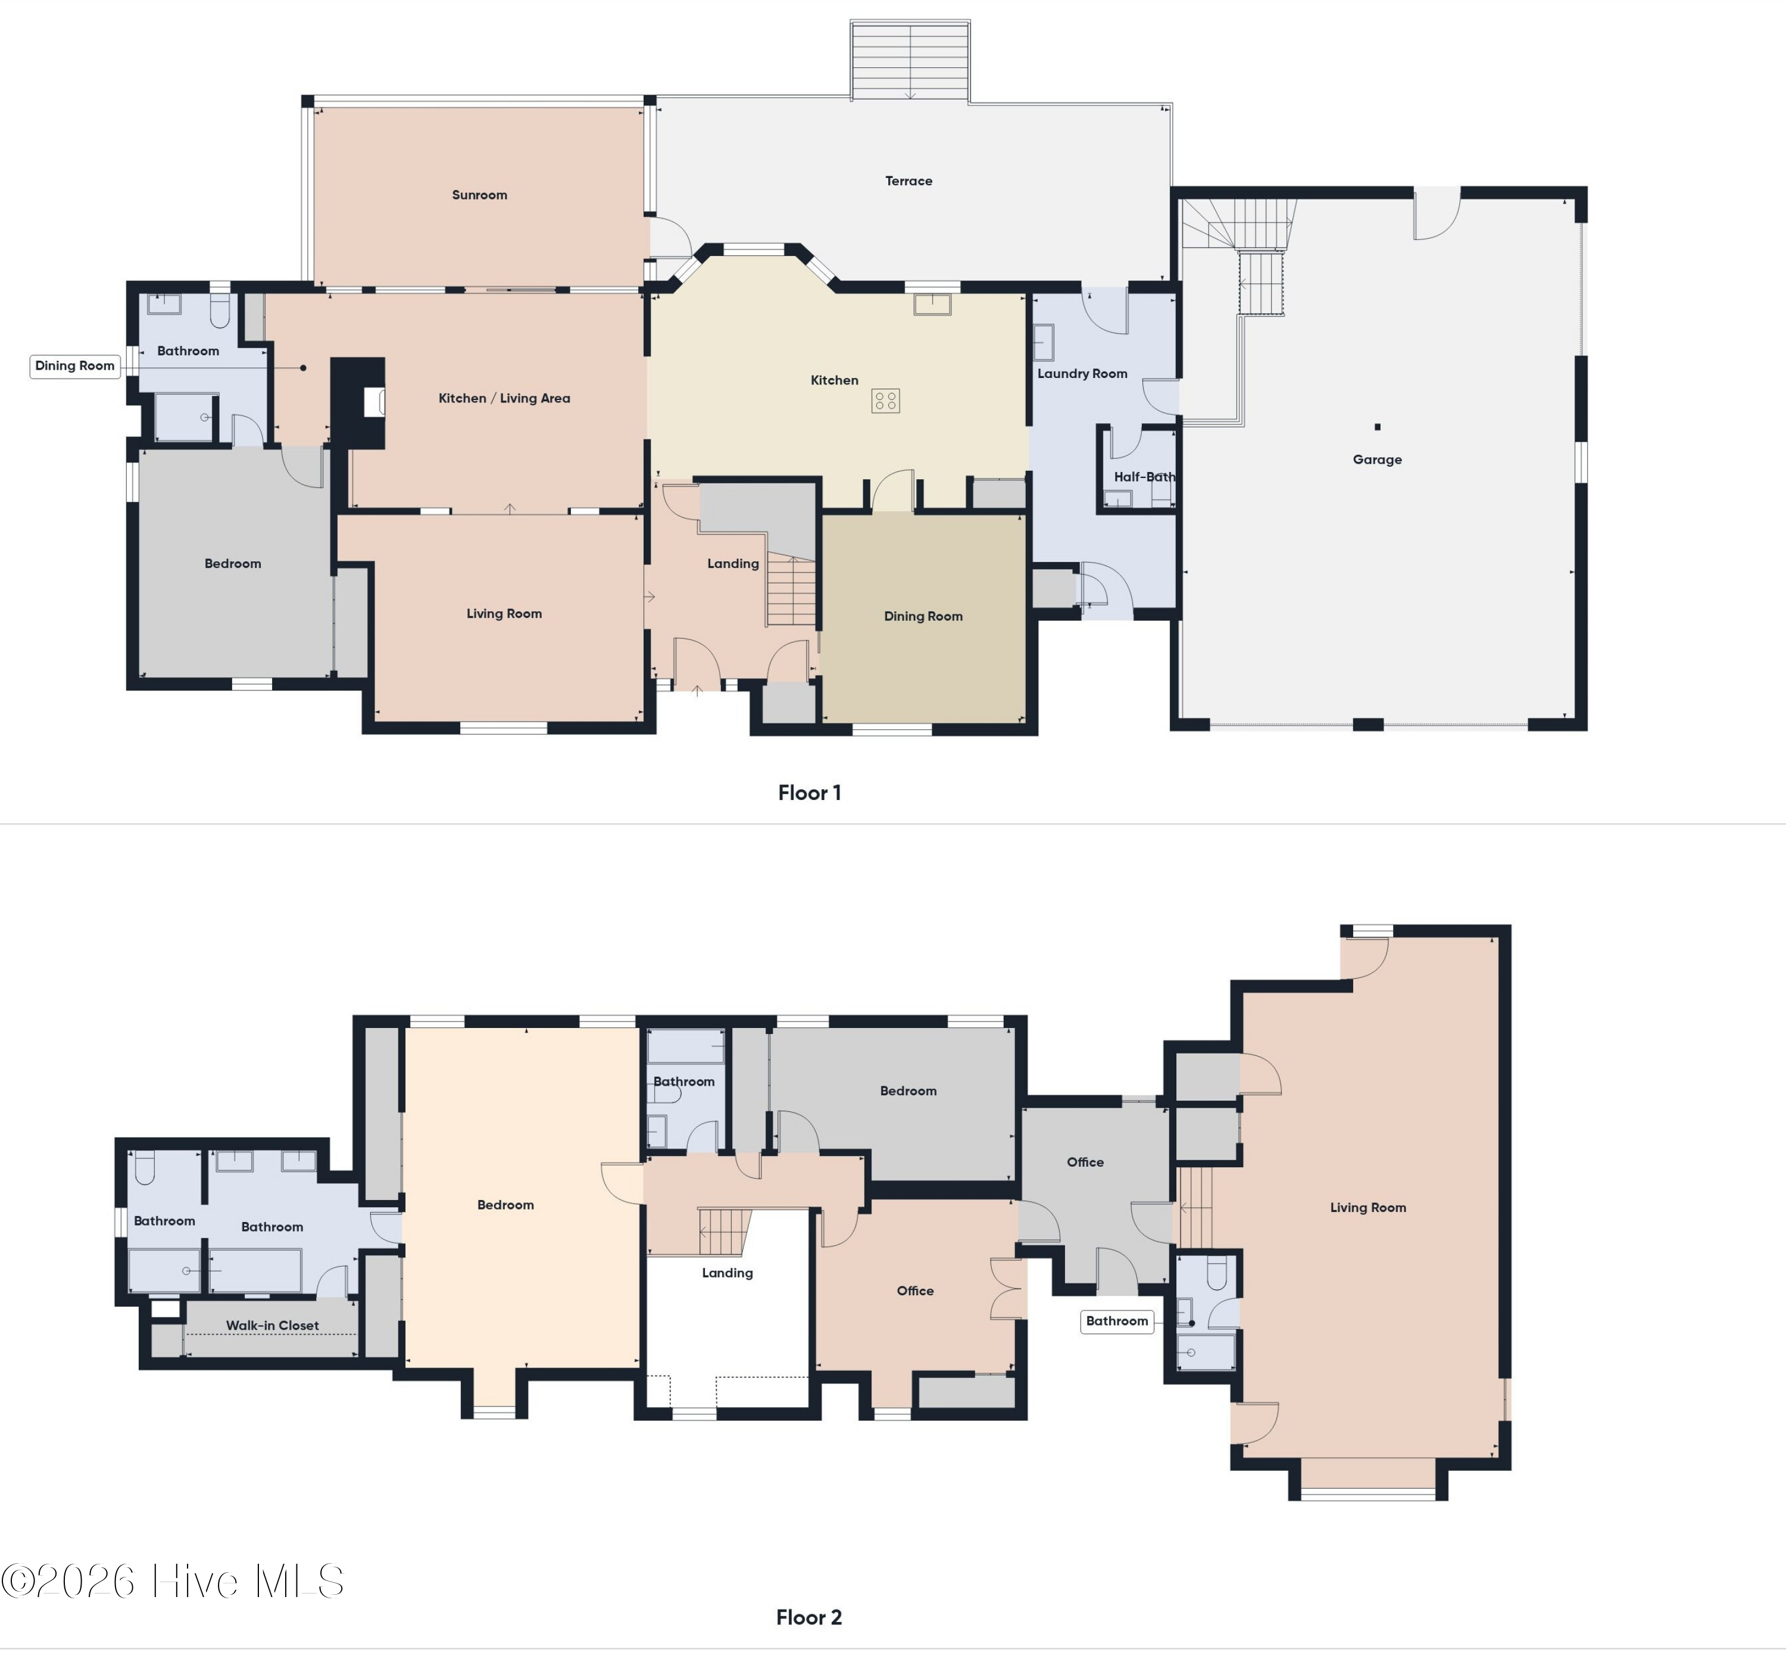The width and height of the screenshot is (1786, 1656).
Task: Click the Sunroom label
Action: coord(479,195)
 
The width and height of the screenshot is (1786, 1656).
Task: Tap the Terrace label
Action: coord(908,181)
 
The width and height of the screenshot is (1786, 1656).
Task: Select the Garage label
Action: coord(1378,460)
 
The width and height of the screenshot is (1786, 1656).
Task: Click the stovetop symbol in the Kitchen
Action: coord(885,401)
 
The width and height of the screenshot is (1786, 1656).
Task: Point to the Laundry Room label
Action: coord(1082,374)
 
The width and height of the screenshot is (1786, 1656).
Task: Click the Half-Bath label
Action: coord(1144,477)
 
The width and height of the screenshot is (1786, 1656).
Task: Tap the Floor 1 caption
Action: coord(809,793)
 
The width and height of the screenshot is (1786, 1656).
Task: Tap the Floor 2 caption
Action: coord(809,1617)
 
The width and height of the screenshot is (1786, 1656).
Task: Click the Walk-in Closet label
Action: coord(273,1326)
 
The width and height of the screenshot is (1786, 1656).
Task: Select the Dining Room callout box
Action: coord(75,365)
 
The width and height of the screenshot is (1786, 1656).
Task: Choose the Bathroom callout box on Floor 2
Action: coord(1117,1321)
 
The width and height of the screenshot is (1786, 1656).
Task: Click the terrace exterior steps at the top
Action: coord(910,61)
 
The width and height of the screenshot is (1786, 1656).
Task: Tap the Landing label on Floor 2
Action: coord(727,1273)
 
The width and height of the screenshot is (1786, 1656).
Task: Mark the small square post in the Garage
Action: coord(1378,427)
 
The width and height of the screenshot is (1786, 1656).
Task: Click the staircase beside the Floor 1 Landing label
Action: coord(791,592)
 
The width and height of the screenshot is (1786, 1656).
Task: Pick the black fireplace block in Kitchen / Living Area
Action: coord(358,402)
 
